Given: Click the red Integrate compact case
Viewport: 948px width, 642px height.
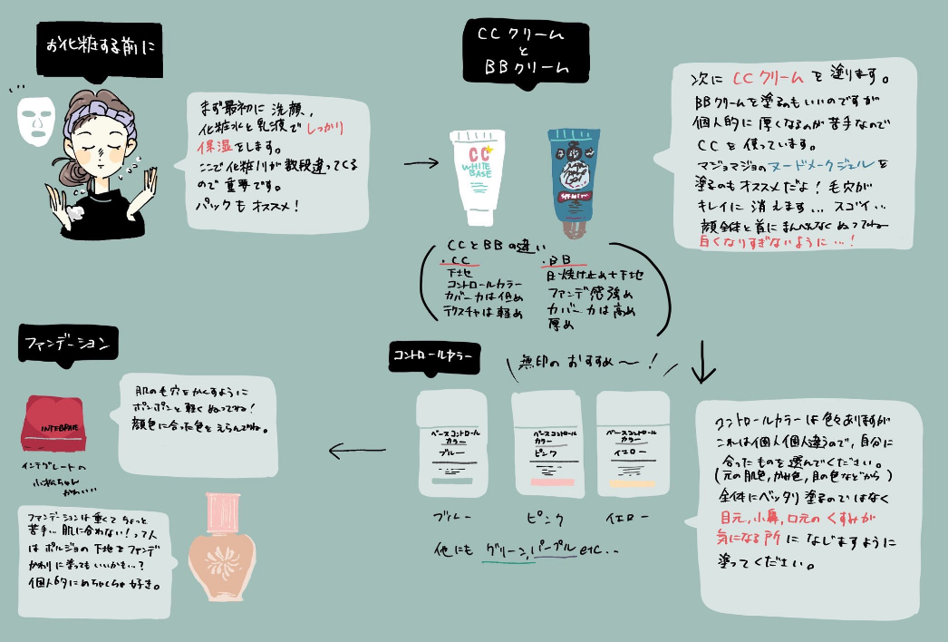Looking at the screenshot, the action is click(x=53, y=425).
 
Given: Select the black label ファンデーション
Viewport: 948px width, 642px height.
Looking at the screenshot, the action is click(x=65, y=344).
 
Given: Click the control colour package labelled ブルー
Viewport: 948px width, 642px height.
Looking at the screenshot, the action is click(x=451, y=445).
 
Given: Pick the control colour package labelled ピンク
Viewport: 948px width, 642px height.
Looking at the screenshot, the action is click(x=547, y=445).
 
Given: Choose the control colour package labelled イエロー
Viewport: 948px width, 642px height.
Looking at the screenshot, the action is click(x=633, y=443).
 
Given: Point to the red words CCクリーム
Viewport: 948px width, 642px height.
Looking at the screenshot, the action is click(x=767, y=77).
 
